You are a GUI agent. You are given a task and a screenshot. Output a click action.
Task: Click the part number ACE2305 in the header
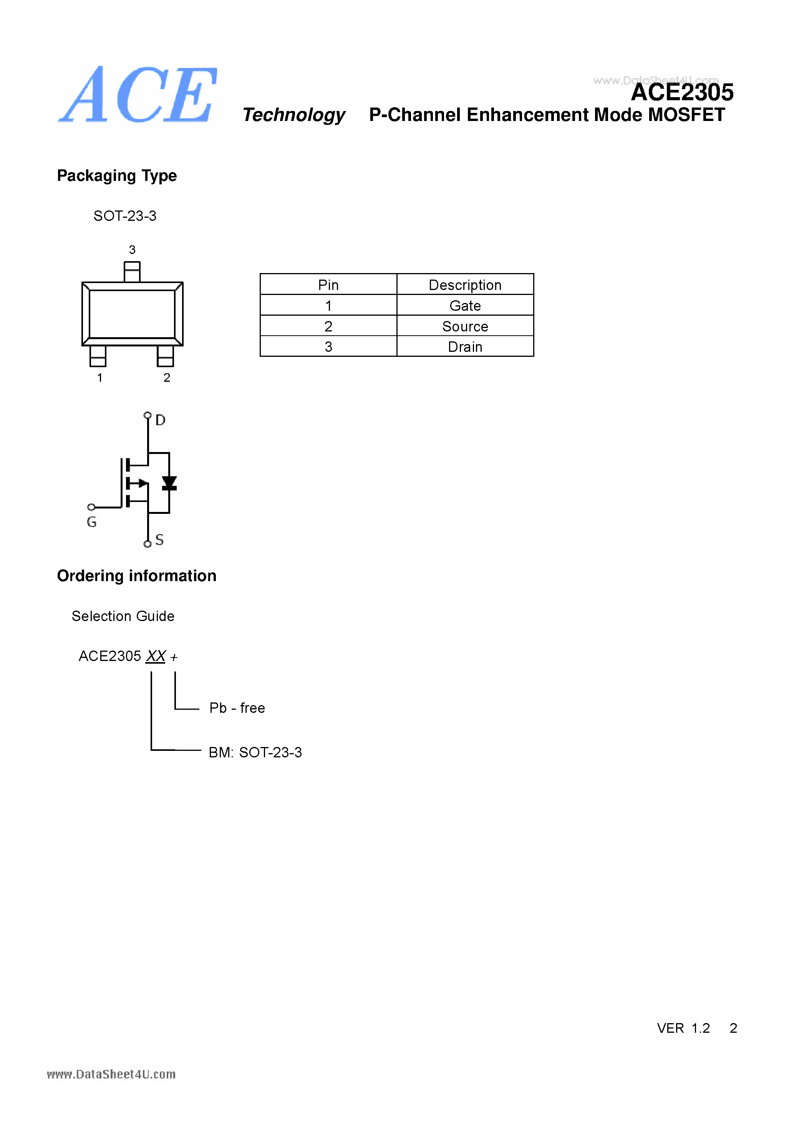coord(682,93)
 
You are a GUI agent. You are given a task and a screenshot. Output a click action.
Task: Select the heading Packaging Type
coord(116,176)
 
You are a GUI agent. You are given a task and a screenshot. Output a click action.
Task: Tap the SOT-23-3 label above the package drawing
coord(125,216)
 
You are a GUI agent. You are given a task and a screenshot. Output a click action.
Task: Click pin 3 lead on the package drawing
coord(132,272)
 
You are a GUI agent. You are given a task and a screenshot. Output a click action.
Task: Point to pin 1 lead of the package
coord(98,356)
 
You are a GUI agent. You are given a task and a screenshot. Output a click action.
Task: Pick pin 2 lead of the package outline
coord(165,356)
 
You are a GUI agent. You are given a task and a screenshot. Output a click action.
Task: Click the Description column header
coord(465,285)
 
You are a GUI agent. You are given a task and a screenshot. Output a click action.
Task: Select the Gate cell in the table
coord(465,306)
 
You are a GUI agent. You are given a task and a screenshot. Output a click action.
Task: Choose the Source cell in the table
coord(465,326)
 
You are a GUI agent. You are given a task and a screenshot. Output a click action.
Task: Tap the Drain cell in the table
coord(465,347)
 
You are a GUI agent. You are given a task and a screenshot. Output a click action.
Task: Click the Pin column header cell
coord(328,285)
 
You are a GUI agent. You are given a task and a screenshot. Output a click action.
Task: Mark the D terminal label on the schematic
coord(161,420)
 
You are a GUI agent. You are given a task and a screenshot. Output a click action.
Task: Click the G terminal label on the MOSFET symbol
coord(91,522)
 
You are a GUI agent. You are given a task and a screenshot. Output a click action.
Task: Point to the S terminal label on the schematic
coord(159,540)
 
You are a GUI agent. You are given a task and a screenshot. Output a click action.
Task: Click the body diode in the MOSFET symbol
coord(169,483)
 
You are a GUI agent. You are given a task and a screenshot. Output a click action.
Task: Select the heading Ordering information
coord(136,576)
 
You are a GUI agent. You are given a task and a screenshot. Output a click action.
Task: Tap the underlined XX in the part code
coord(156,656)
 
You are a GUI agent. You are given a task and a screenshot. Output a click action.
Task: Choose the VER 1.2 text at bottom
coord(683,1028)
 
